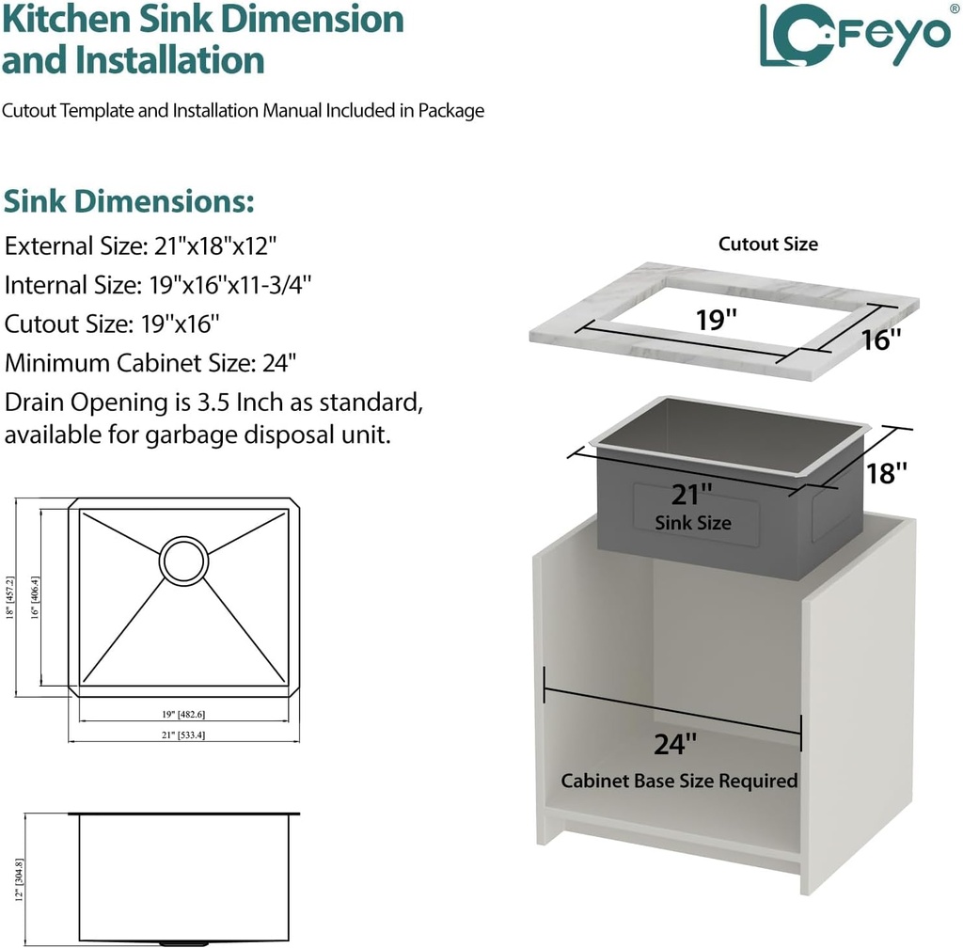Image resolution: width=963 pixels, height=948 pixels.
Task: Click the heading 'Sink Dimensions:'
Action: (x=129, y=201)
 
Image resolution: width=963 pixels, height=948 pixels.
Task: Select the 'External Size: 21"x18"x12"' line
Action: (x=141, y=246)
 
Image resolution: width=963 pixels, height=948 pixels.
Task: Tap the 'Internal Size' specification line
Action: (x=158, y=285)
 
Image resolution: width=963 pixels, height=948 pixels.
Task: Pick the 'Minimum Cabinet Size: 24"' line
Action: (x=151, y=363)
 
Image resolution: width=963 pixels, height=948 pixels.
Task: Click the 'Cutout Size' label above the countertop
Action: (x=768, y=245)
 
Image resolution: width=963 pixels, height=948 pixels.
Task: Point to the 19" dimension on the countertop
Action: (x=716, y=320)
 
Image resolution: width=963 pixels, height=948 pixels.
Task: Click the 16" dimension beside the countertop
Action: (x=881, y=340)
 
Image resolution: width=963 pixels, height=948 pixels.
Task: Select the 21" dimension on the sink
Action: (x=691, y=494)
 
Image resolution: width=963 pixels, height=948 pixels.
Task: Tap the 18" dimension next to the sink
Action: (x=887, y=473)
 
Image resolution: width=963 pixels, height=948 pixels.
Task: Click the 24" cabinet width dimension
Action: (x=674, y=744)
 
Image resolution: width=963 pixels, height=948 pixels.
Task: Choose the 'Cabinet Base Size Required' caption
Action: (x=679, y=782)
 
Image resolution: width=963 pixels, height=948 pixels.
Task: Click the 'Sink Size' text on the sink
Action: (x=693, y=523)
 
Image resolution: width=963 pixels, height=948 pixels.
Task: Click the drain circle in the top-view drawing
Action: (x=183, y=561)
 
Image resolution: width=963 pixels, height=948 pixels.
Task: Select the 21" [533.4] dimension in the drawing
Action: (x=183, y=735)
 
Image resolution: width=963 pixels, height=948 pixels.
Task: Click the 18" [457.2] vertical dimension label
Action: (x=10, y=597)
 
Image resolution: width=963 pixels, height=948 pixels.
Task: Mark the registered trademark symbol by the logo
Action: (x=955, y=8)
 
